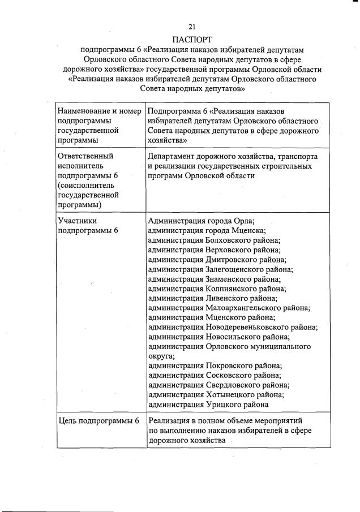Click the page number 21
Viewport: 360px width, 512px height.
click(x=192, y=27)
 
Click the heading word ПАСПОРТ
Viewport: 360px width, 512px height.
click(x=192, y=40)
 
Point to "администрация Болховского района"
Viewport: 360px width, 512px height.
click(x=214, y=240)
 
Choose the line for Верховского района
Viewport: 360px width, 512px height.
click(x=214, y=250)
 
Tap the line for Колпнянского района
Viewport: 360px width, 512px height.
click(x=217, y=289)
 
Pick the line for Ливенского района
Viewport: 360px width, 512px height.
click(x=212, y=299)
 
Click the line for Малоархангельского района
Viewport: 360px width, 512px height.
click(x=229, y=308)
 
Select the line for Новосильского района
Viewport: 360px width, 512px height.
click(x=217, y=337)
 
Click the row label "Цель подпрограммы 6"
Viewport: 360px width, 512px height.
click(x=98, y=421)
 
